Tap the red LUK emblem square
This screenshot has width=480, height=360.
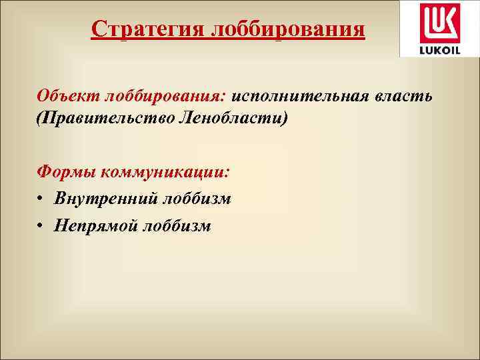(437, 23)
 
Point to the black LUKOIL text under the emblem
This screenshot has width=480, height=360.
(437, 49)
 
